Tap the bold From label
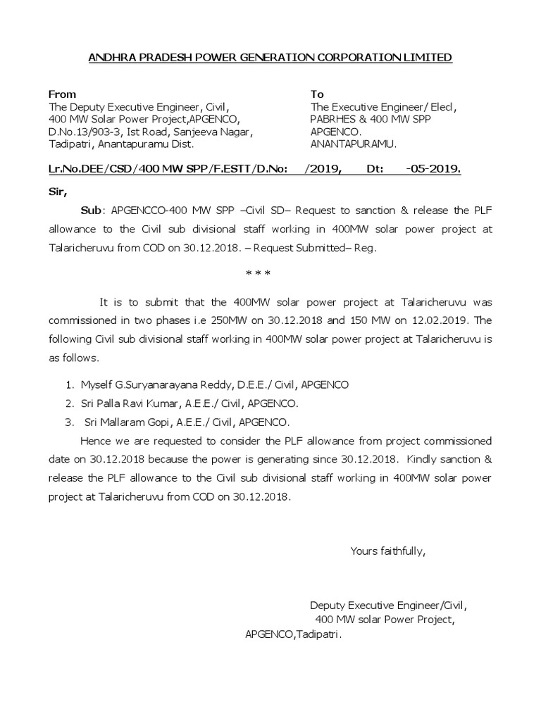pos(62,94)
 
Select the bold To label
pos(317,94)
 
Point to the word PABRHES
pos(332,119)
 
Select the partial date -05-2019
pos(434,170)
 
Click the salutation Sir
pos(56,190)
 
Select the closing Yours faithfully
pos(387,550)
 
